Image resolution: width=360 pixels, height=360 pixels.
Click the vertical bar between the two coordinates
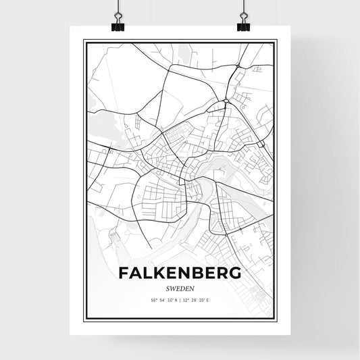181,299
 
